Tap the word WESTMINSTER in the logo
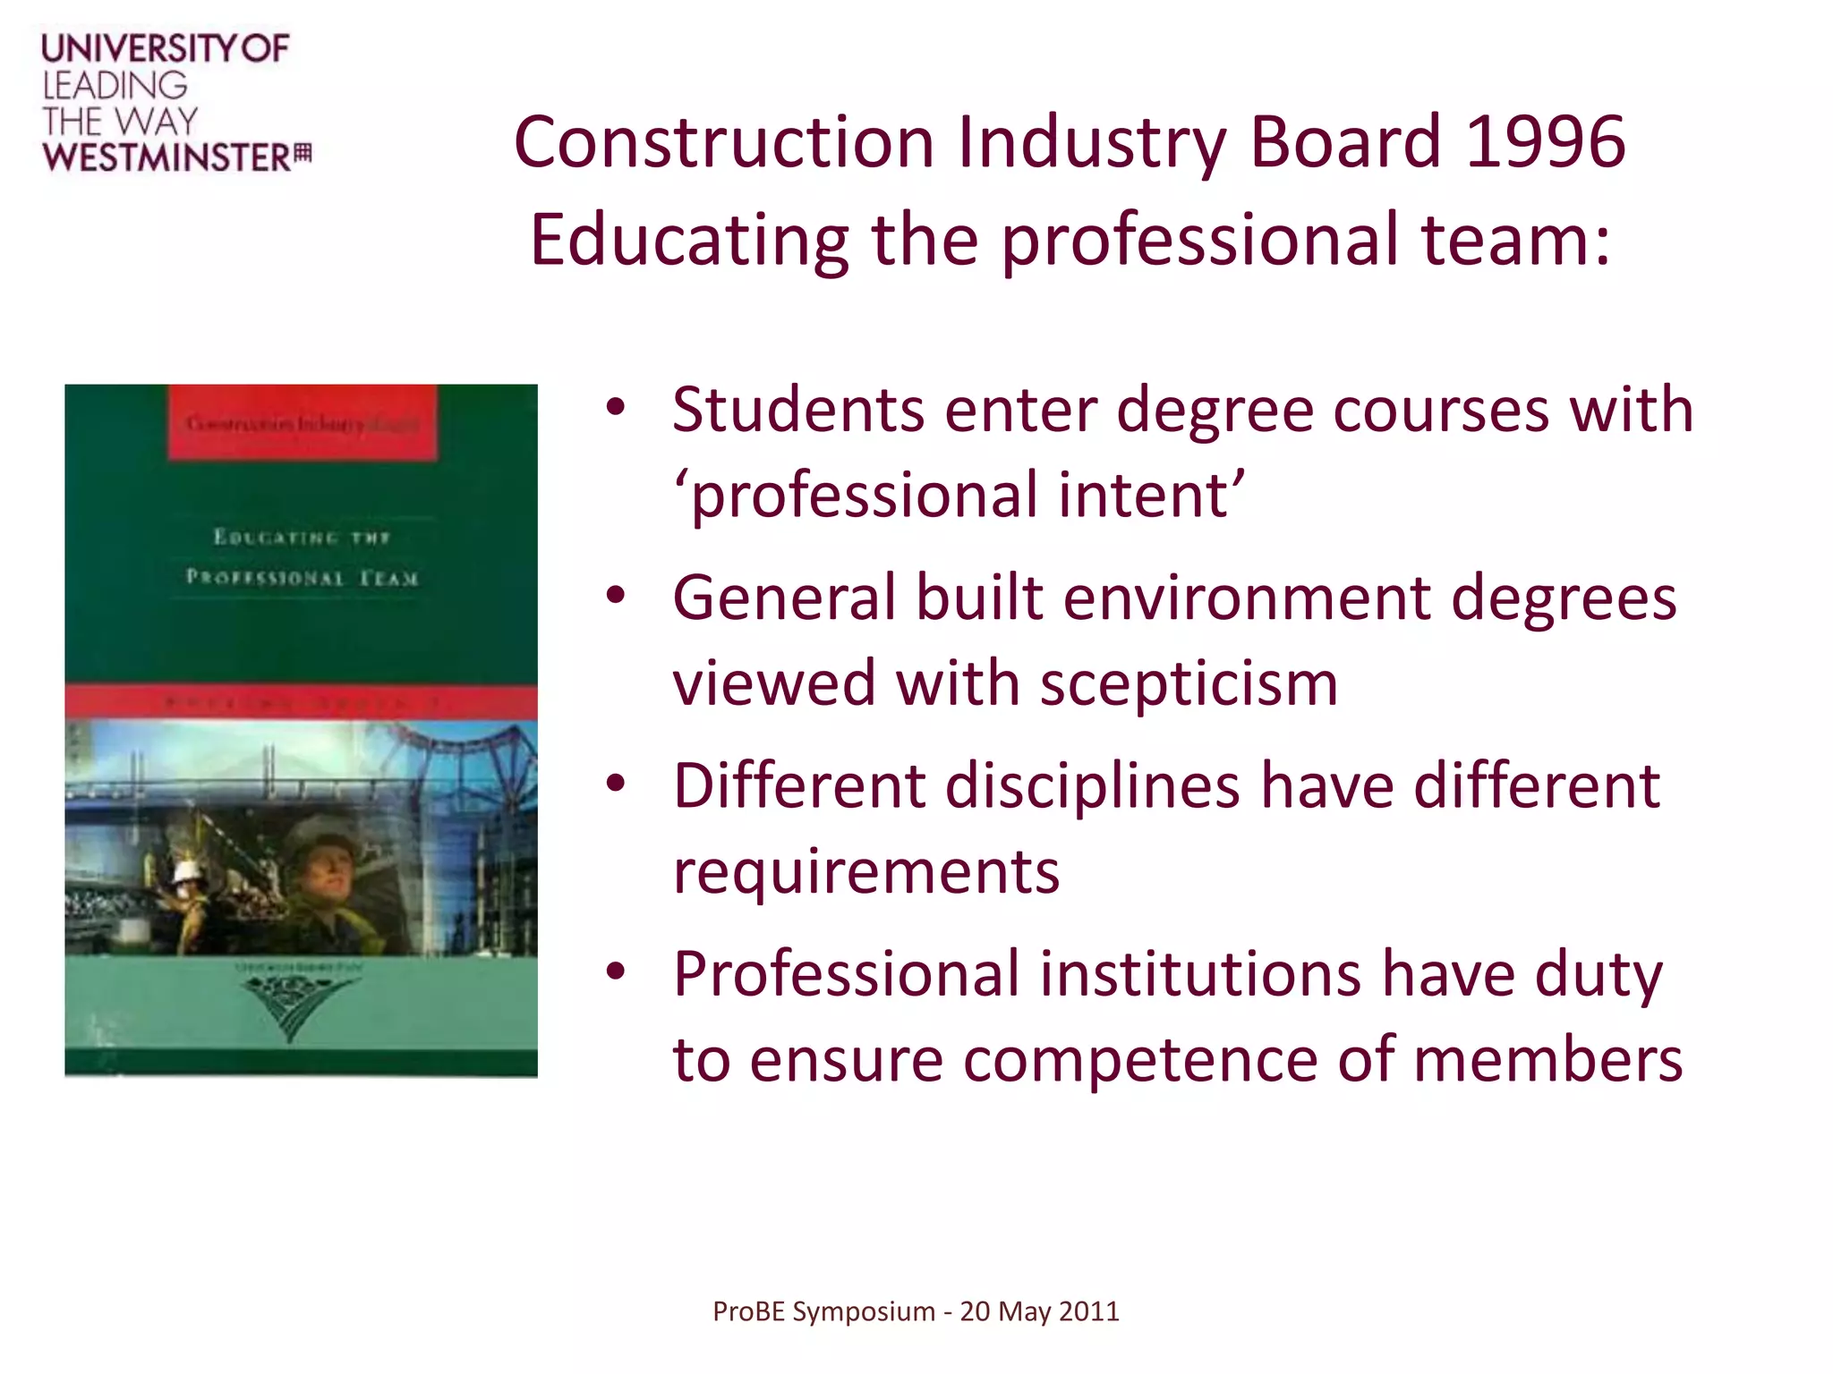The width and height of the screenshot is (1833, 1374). click(x=166, y=158)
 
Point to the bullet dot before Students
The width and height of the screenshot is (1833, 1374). click(x=615, y=408)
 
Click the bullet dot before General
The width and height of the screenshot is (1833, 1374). click(x=615, y=596)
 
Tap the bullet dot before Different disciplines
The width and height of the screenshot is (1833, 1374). click(x=615, y=784)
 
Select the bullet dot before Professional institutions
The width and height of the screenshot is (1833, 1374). click(x=615, y=971)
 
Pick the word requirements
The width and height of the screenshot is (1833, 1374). click(x=866, y=871)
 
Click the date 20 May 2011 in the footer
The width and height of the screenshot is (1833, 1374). click(x=1039, y=1311)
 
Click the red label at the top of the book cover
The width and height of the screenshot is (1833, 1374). click(x=303, y=423)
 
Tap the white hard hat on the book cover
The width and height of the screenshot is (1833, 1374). click(x=189, y=872)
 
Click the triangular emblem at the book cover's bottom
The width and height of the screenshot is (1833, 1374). click(x=289, y=1005)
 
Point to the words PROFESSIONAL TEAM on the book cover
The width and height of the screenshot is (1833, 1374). click(x=302, y=577)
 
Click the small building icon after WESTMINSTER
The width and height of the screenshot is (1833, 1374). click(x=303, y=154)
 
